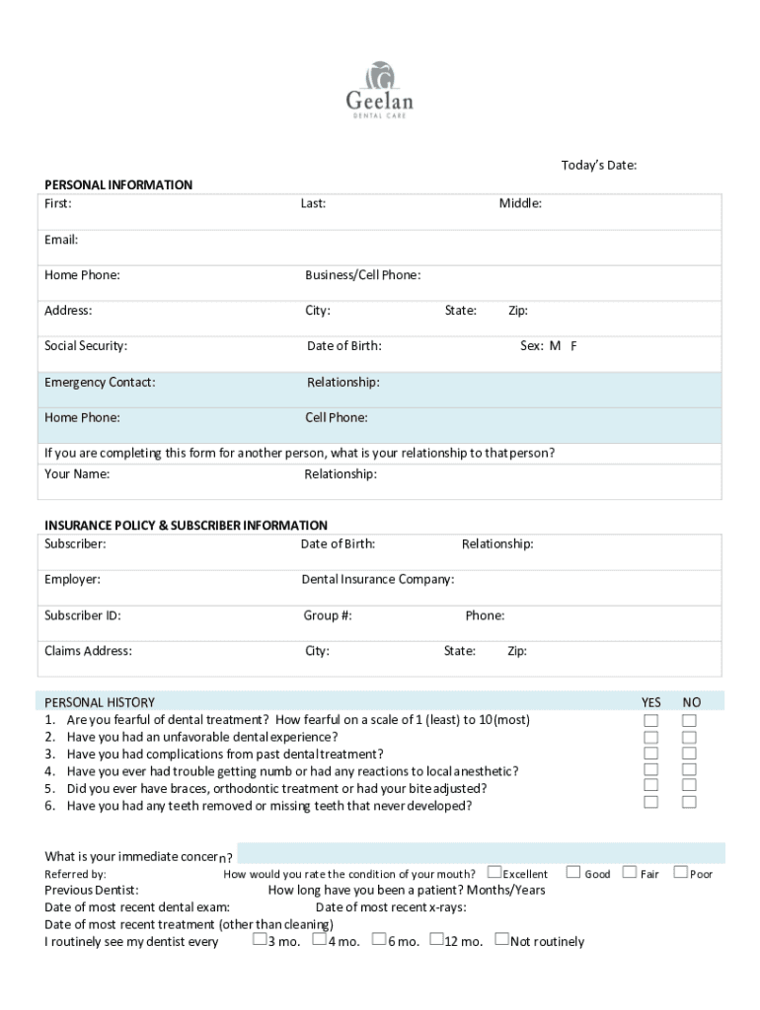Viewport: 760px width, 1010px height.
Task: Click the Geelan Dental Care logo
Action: click(379, 90)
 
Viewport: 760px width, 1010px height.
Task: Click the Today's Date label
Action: click(598, 165)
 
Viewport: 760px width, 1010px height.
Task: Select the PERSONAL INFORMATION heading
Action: click(118, 184)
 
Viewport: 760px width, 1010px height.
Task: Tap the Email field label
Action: click(61, 240)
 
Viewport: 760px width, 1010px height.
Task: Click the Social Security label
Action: click(86, 346)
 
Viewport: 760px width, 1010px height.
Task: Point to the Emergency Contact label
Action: click(100, 382)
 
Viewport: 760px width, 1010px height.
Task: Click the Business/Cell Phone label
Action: click(362, 275)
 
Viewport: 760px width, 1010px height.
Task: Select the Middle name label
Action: click(520, 204)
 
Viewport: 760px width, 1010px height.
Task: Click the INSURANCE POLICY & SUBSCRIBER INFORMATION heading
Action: click(186, 525)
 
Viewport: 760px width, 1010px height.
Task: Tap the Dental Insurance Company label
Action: click(377, 579)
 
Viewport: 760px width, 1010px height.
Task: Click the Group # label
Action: click(328, 615)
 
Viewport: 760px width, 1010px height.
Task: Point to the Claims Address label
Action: click(88, 651)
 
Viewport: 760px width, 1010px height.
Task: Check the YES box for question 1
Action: click(651, 720)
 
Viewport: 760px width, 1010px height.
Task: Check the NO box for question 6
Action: click(689, 802)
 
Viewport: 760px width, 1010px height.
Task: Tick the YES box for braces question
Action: click(651, 785)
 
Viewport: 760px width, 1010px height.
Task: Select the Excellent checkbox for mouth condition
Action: click(494, 872)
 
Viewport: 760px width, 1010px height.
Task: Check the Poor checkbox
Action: click(680, 872)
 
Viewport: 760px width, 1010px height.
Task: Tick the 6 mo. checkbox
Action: click(379, 940)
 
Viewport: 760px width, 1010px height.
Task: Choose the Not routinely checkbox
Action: click(501, 940)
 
